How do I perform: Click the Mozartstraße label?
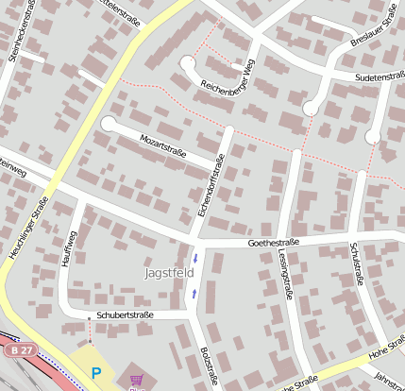[163, 146]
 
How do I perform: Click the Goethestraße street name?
[273, 243]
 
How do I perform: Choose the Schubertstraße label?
[125, 314]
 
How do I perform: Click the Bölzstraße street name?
[209, 364]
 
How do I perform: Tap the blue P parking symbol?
[95, 373]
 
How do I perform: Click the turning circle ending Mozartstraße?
[109, 124]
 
